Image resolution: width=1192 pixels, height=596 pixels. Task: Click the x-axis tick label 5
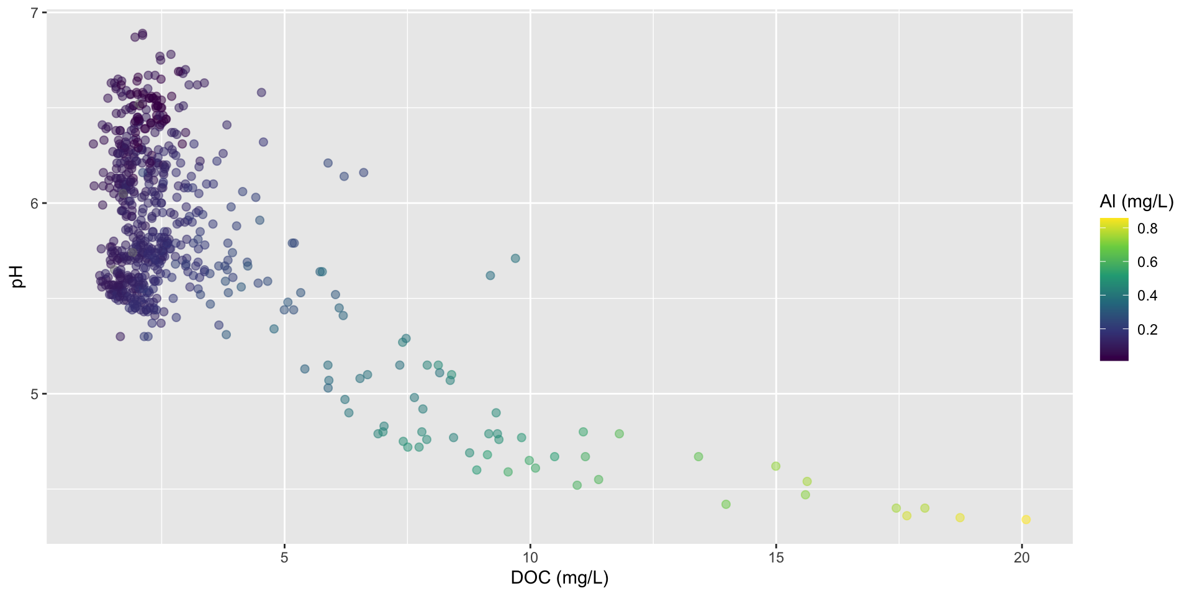click(x=284, y=558)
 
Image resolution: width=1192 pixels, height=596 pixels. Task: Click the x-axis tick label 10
click(x=530, y=558)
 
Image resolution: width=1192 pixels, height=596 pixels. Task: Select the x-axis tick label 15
click(x=776, y=558)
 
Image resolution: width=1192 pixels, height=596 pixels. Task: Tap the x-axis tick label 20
click(x=1021, y=558)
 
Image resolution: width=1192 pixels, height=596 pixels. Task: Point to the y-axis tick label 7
click(x=35, y=12)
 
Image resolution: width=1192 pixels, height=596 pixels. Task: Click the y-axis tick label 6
click(x=35, y=203)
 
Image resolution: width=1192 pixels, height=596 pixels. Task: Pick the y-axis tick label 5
click(x=35, y=394)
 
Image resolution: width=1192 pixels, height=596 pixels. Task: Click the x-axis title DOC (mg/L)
click(x=559, y=578)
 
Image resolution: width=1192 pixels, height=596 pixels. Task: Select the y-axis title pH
click(x=19, y=277)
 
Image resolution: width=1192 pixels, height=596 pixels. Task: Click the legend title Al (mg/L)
click(x=1136, y=201)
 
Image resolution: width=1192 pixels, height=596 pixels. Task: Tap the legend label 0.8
click(x=1147, y=228)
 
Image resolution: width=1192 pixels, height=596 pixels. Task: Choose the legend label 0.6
click(x=1147, y=262)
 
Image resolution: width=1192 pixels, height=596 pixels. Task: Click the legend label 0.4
click(x=1147, y=296)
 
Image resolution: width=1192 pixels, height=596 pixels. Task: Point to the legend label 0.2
click(x=1147, y=329)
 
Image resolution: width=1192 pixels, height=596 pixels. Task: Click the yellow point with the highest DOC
click(x=1026, y=520)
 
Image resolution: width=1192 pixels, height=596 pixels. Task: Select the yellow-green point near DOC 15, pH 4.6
click(x=775, y=466)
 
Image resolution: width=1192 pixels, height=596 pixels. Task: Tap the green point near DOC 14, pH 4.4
click(x=726, y=504)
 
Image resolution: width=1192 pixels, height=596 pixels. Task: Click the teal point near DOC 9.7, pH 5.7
click(x=515, y=258)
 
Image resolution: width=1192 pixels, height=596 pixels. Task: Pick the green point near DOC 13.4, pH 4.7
click(x=698, y=457)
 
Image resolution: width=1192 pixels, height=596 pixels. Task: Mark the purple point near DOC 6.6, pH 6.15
click(x=364, y=173)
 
